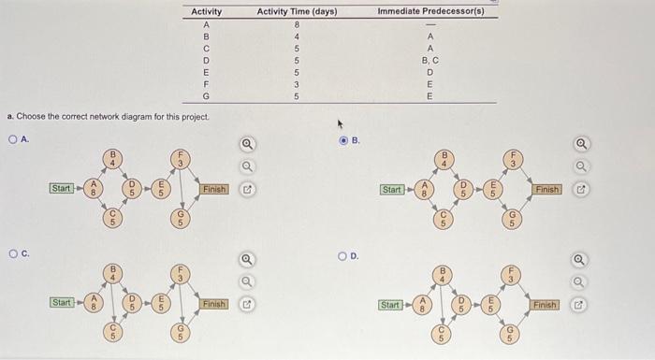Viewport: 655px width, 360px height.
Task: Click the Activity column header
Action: (206, 11)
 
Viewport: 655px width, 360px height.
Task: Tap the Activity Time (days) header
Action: (297, 11)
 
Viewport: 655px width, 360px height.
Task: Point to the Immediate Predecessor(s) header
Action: (430, 11)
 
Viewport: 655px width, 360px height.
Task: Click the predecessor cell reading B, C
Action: (430, 59)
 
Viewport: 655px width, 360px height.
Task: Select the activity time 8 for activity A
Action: (297, 23)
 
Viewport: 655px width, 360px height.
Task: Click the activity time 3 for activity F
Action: (297, 83)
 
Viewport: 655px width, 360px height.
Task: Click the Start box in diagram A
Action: (62, 189)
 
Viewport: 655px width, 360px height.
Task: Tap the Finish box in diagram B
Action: (547, 189)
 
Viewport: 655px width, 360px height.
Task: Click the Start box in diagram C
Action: (62, 303)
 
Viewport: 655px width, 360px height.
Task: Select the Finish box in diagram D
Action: (546, 305)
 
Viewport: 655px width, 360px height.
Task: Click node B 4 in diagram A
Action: (113, 157)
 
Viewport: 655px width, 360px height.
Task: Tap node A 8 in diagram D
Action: (423, 305)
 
